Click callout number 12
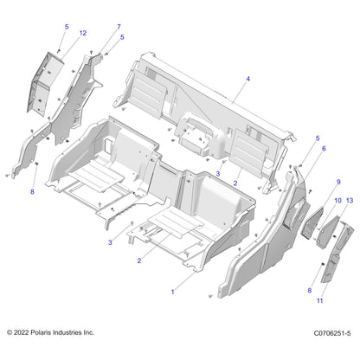tap(83, 33)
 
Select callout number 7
tap(119, 27)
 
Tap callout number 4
tap(247, 79)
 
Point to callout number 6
tap(324, 149)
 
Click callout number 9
tap(338, 182)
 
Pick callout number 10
tap(337, 201)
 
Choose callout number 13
tap(350, 201)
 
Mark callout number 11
tap(320, 300)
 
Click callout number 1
tap(173, 292)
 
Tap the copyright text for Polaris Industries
tap(50, 332)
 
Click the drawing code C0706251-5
tap(332, 333)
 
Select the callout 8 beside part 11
tap(310, 291)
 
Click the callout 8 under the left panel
tap(32, 191)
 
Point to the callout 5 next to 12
tap(67, 27)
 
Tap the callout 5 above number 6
tap(318, 138)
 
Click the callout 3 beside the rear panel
tap(218, 174)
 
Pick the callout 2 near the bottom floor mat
tap(139, 260)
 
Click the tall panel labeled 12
tap(45, 84)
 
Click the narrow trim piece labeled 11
tap(336, 251)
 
